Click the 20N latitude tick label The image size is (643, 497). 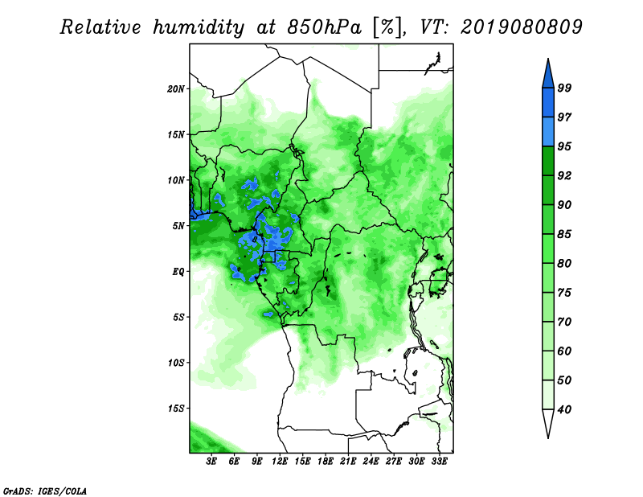[175, 88]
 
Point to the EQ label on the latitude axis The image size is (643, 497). [178, 271]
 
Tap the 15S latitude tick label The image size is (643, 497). [175, 409]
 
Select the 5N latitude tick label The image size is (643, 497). [178, 226]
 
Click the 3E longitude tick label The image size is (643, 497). [211, 462]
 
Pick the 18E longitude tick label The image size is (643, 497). [326, 462]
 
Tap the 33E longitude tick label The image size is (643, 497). [439, 462]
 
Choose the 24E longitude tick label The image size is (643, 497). [371, 462]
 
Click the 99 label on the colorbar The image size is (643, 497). [564, 88]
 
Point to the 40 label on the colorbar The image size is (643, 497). [564, 409]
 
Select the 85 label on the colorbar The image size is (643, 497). [564, 234]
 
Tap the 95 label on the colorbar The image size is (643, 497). [564, 146]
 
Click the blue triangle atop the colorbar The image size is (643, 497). [548, 76]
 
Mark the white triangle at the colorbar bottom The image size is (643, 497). [548, 421]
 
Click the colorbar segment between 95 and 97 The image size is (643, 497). [548, 132]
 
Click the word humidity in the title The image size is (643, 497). [199, 27]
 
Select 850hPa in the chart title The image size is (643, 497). [325, 27]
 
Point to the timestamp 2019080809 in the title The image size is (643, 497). [521, 27]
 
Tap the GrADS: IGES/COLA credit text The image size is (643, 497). [45, 491]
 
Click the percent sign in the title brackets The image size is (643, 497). [387, 27]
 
